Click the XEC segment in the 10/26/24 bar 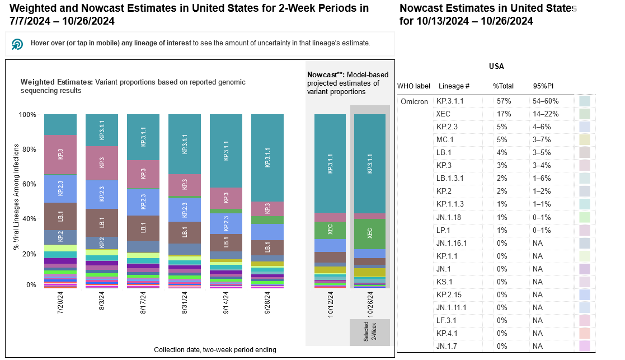370,233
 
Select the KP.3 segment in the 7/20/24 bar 60,155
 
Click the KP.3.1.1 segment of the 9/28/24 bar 267,158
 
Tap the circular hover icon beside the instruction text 17,44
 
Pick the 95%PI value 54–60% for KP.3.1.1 546,101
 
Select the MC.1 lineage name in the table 445,139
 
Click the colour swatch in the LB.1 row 585,152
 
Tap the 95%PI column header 543,86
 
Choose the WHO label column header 413,86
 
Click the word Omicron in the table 414,101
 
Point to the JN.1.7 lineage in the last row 448,346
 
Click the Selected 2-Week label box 370,333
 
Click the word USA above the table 496,66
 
